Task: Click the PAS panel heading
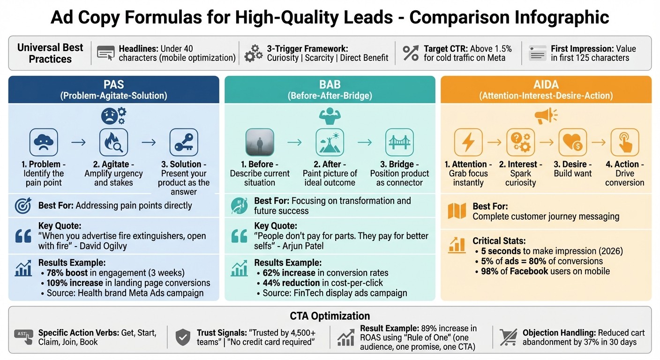point(113,85)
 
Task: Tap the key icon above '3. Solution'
point(183,142)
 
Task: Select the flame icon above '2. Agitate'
point(113,142)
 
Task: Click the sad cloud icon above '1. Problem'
point(44,142)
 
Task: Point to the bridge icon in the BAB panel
point(399,142)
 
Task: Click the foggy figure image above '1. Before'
point(259,142)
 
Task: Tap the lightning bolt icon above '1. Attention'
point(468,142)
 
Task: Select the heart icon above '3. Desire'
point(573,142)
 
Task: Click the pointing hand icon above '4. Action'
point(624,142)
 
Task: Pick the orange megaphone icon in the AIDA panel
point(546,116)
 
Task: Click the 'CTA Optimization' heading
point(330,316)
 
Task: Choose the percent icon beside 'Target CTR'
point(411,53)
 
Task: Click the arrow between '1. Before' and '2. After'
point(294,142)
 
